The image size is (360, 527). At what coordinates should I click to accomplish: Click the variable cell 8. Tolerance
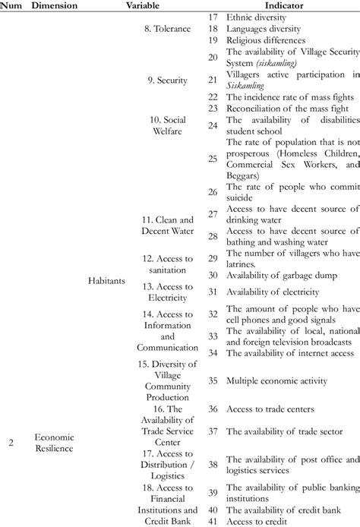(x=163, y=26)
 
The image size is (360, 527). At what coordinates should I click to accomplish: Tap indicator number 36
(x=213, y=409)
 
